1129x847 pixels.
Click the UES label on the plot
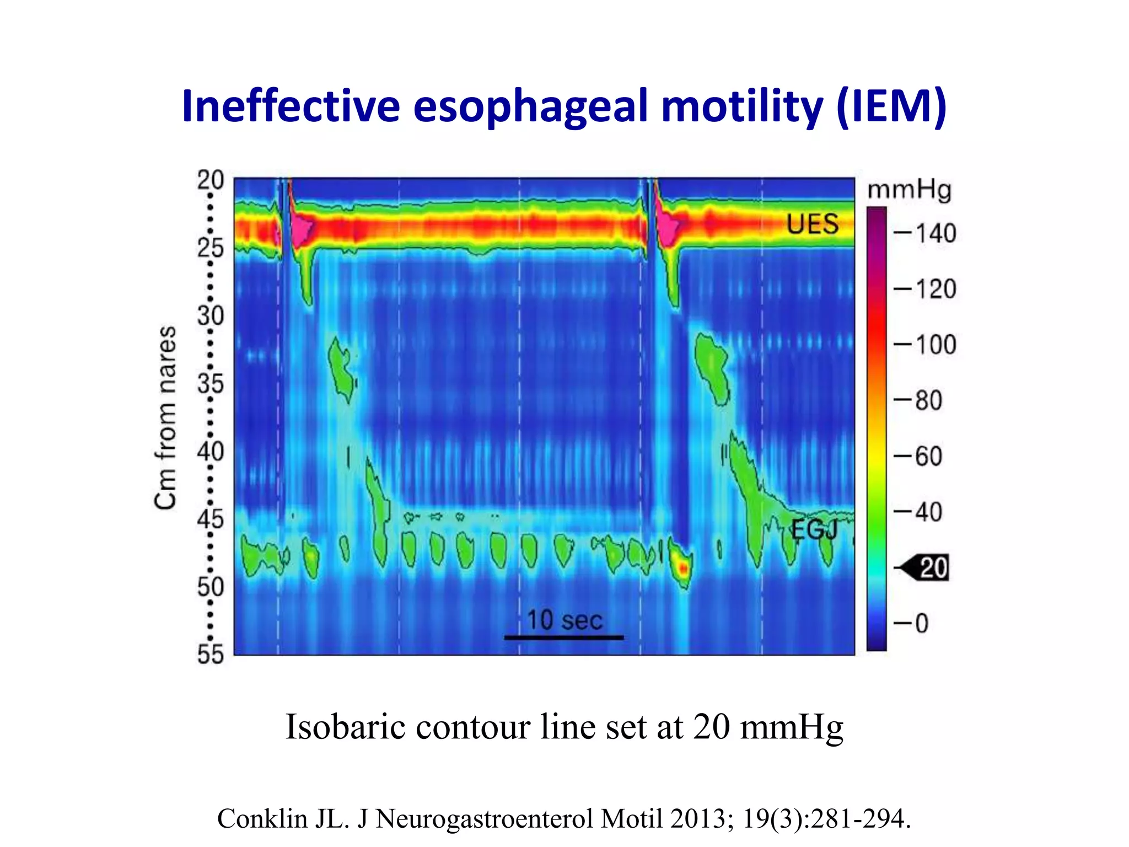click(812, 224)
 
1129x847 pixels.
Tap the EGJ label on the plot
click(814, 530)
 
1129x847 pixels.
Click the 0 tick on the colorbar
click(922, 623)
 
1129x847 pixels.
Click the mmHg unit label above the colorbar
click(909, 190)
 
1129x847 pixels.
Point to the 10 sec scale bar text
click(564, 620)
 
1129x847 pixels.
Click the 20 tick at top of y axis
click(211, 180)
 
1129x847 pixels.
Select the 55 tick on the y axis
click(211, 655)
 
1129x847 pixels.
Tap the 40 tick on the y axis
click(211, 452)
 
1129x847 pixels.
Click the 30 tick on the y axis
click(211, 316)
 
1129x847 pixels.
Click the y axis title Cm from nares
click(165, 417)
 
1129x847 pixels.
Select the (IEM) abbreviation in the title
click(891, 106)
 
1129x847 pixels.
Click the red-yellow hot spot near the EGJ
click(683, 568)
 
